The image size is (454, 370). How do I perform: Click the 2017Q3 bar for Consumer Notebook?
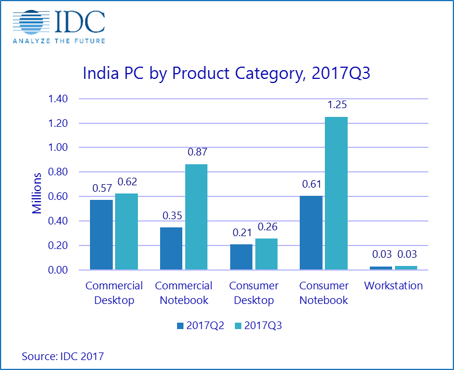click(x=336, y=193)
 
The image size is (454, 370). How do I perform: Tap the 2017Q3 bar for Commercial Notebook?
click(x=196, y=217)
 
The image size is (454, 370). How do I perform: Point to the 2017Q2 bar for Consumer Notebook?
click(x=311, y=233)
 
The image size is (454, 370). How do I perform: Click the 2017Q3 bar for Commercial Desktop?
click(x=126, y=231)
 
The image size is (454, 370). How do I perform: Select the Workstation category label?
click(x=393, y=286)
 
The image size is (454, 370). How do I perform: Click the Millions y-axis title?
click(x=37, y=193)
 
